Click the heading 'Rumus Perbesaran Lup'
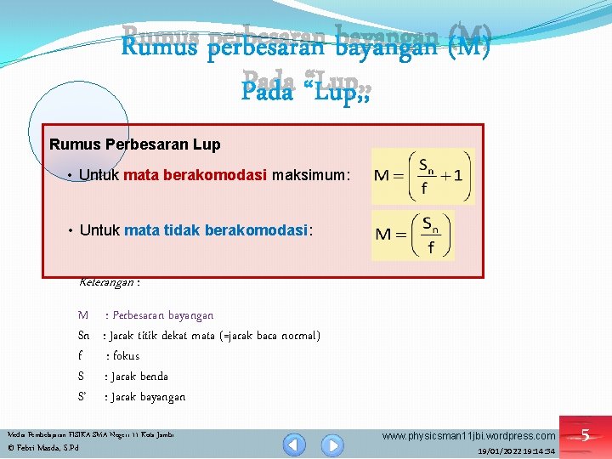(135, 144)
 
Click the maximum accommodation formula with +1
(422, 177)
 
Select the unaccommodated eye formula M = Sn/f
(413, 235)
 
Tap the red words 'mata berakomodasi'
(196, 175)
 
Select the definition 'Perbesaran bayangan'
(162, 315)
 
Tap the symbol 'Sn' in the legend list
(84, 336)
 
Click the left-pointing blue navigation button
(295, 444)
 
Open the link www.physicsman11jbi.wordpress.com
(469, 436)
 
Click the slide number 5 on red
(585, 436)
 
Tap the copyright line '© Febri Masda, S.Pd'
(42, 447)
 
